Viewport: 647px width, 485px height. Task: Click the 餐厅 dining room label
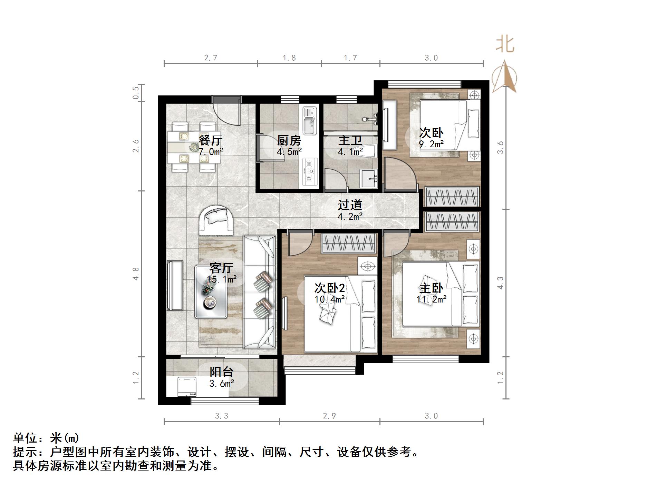tap(210, 140)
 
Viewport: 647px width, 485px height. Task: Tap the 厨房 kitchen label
tap(289, 140)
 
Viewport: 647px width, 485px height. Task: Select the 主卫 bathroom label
tap(350, 140)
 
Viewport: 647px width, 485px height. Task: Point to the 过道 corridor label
tap(350, 205)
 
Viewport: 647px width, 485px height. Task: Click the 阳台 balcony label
tap(222, 372)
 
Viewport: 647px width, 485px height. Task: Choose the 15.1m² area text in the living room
tap(222, 279)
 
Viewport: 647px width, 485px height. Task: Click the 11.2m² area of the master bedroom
tap(432, 299)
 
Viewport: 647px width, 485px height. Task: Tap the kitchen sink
tap(310, 121)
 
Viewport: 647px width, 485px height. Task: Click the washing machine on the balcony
tap(187, 386)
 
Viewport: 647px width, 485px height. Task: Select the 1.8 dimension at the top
tap(289, 58)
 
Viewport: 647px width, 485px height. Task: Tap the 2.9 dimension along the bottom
tap(329, 416)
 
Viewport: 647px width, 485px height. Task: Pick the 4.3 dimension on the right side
tap(500, 283)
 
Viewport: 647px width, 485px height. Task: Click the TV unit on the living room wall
tap(175, 286)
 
